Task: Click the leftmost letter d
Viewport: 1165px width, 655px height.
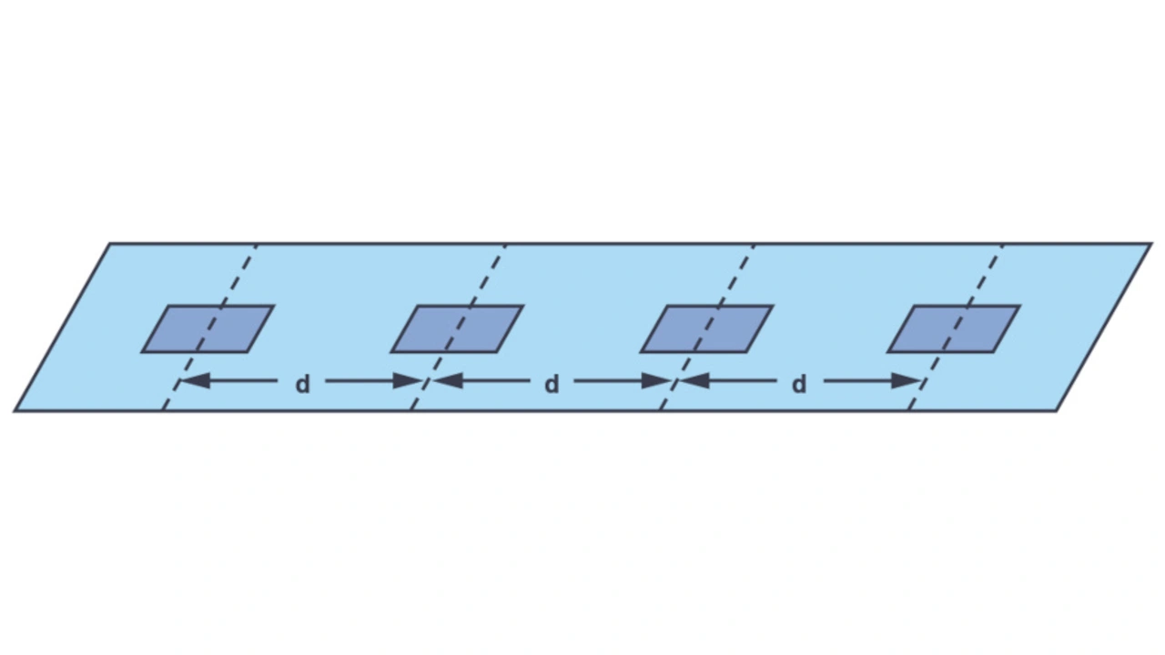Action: click(302, 385)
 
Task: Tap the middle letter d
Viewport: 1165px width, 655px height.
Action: click(551, 385)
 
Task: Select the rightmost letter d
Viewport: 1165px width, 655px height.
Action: click(798, 385)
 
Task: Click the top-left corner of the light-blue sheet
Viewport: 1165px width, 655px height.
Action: click(110, 244)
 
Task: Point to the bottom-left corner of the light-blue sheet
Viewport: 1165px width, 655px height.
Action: click(15, 410)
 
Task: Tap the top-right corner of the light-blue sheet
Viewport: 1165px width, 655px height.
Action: click(1151, 244)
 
